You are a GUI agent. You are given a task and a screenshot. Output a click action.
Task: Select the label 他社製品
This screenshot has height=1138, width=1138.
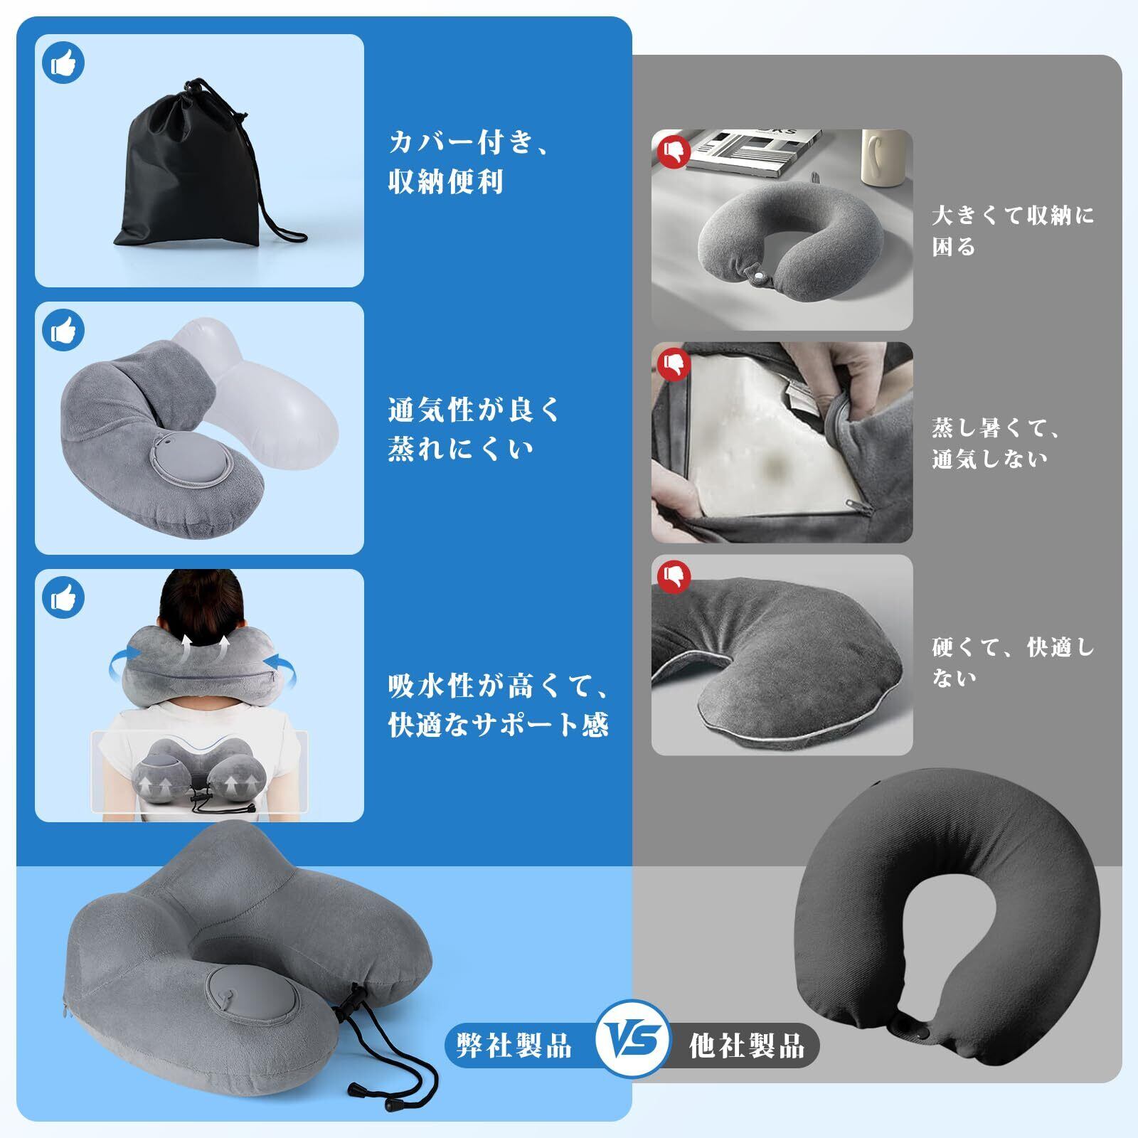click(747, 1046)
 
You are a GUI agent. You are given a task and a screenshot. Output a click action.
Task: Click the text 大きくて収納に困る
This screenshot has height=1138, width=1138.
click(1013, 231)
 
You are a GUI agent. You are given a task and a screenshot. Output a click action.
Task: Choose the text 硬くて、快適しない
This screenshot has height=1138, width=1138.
click(1013, 662)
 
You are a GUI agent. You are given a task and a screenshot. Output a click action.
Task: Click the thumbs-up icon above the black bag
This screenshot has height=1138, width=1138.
click(63, 63)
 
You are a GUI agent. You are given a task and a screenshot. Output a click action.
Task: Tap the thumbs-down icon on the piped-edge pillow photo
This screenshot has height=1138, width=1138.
click(674, 575)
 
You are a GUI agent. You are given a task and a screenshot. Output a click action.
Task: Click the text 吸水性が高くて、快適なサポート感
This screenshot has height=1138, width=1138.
click(498, 705)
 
